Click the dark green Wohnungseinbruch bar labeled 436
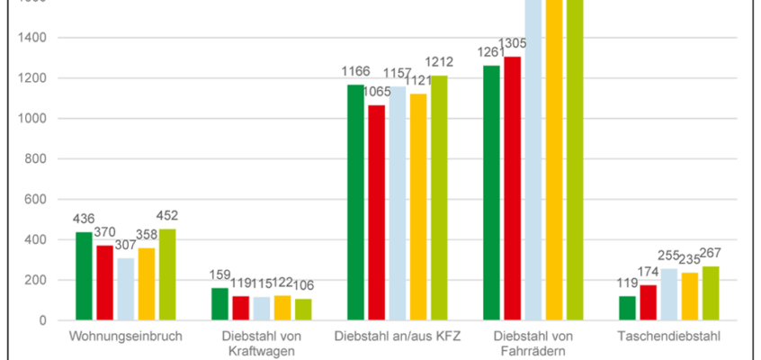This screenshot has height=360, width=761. click(x=84, y=275)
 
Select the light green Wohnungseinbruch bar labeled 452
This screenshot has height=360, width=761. click(x=167, y=274)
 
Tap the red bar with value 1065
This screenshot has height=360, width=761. click(x=376, y=212)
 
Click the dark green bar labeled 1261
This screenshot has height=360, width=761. click(x=491, y=193)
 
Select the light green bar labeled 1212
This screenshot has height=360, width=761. click(x=439, y=197)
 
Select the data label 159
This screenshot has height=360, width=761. click(x=220, y=274)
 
